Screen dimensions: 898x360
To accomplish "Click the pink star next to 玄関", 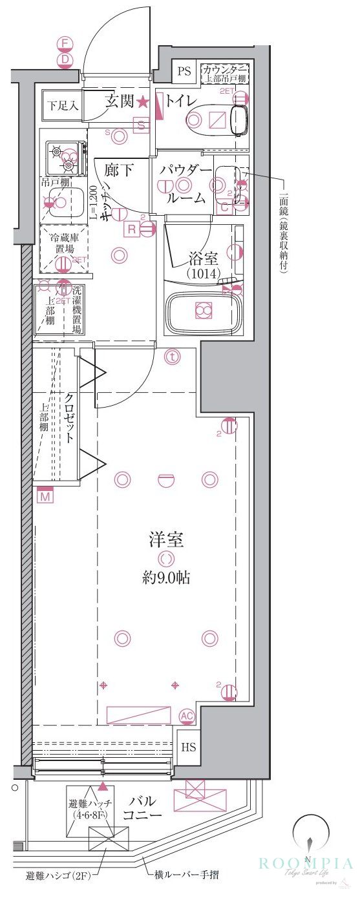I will [142, 101].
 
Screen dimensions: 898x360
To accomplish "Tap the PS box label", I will [185, 71].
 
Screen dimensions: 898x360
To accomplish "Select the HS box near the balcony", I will [188, 747].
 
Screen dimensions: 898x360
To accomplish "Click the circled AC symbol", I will [187, 716].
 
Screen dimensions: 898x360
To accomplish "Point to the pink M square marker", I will [45, 497].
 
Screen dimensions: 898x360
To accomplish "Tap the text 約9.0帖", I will [166, 577].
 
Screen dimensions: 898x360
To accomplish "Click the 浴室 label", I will [203, 260].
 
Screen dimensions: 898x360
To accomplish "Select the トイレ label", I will [181, 101].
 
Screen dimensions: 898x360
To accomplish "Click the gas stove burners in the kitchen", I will [66, 155].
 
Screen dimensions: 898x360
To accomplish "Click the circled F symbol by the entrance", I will [65, 44].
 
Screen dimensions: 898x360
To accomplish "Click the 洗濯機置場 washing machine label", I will [77, 309].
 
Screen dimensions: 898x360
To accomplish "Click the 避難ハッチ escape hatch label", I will [91, 809].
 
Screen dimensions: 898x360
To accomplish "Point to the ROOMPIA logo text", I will [305, 863].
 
